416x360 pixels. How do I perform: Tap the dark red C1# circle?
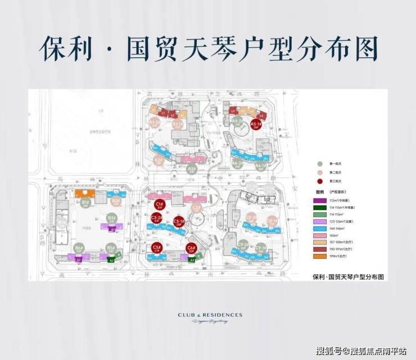159,205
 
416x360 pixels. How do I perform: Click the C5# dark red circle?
156,248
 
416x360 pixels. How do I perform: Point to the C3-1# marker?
179,222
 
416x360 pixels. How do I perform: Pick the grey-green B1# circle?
86,203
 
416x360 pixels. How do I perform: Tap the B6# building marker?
79,249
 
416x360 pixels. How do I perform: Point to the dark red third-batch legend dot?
320,181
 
